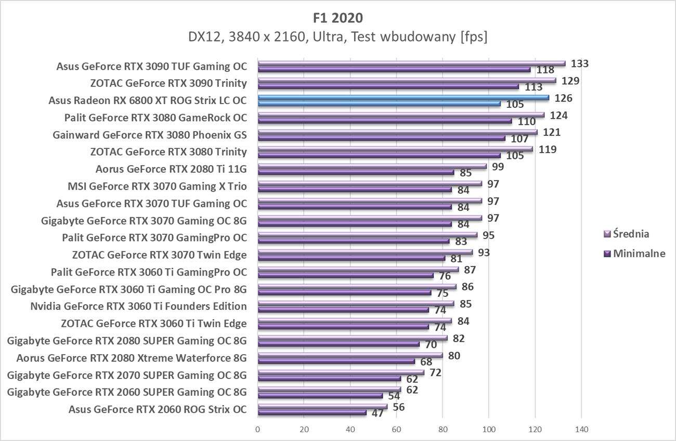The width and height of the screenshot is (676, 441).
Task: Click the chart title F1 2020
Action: (x=338, y=18)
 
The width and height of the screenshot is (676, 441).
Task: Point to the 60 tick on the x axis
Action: (x=396, y=430)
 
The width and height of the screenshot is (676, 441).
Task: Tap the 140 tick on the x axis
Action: (x=581, y=430)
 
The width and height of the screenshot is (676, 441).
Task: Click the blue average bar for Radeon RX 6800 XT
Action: (x=403, y=97)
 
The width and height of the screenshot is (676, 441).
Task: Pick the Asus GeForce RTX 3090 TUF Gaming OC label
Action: (x=151, y=66)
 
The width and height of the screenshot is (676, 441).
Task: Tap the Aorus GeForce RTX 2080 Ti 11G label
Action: (x=171, y=169)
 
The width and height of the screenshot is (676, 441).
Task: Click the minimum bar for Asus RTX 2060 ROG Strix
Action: (x=312, y=412)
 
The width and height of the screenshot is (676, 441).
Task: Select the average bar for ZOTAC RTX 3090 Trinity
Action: (x=407, y=81)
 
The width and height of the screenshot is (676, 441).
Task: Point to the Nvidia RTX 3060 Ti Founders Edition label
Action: (x=138, y=306)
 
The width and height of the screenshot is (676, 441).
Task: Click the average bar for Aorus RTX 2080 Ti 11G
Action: (x=372, y=167)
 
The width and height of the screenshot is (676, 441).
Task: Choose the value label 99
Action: (x=499, y=167)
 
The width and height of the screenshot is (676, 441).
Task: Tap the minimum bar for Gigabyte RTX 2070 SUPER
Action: (x=329, y=379)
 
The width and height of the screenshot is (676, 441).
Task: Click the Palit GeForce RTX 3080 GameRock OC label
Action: (x=155, y=118)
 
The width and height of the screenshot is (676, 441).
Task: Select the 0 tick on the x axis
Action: (x=258, y=430)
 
